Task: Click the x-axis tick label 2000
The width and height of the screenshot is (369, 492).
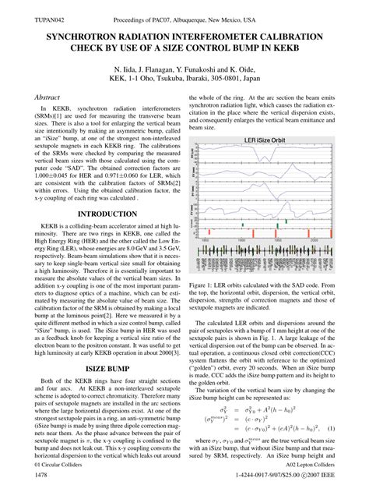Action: pos(314,243)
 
